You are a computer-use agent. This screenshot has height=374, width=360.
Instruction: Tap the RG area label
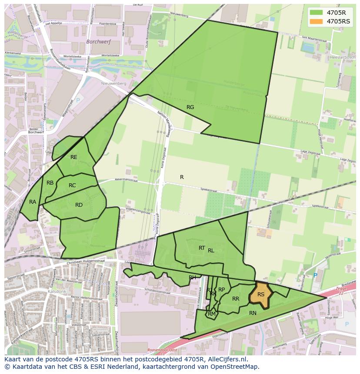(190, 107)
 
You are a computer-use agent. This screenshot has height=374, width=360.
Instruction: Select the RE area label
(74, 157)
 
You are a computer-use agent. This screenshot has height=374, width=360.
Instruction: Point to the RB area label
(50, 183)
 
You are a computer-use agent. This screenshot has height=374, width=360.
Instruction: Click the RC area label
(72, 185)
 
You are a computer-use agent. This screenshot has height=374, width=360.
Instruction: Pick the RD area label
(79, 205)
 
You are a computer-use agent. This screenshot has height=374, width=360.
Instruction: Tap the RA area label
(33, 202)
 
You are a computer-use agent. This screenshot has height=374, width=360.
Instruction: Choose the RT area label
(202, 248)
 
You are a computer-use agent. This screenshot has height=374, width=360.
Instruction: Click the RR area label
(236, 299)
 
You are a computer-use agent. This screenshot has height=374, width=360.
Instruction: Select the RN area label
(253, 313)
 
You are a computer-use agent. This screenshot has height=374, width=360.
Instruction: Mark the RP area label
(222, 290)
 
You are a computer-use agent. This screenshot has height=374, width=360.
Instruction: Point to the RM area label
(212, 314)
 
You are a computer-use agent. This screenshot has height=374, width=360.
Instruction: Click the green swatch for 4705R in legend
(317, 12)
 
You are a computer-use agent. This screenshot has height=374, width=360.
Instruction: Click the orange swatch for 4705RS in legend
(317, 21)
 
